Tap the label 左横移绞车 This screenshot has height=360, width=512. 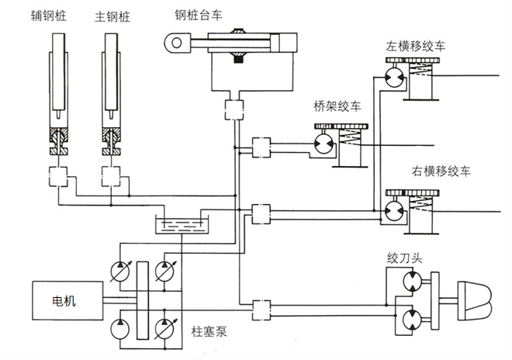pos(416,47)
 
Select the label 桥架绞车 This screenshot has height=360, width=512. pos(337,106)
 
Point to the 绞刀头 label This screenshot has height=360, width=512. pos(403,256)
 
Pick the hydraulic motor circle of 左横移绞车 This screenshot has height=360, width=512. pos(393,78)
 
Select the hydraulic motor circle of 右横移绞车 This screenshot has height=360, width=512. pos(393,209)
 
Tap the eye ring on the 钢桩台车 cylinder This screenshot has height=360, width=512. pos(178,42)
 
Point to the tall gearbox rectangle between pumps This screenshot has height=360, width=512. pos(141,299)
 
